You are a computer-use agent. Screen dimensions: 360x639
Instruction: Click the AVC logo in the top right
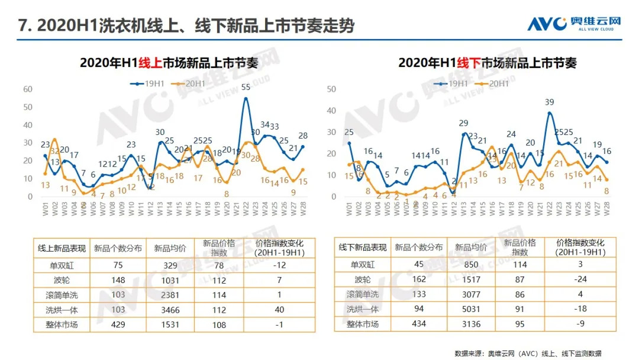(574, 23)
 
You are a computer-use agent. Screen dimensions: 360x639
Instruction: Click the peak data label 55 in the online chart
(246, 87)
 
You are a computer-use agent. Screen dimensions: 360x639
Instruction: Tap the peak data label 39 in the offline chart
(550, 102)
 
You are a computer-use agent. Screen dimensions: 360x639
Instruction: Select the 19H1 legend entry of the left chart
(147, 83)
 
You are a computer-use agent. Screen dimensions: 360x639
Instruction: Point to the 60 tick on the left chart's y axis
(28, 89)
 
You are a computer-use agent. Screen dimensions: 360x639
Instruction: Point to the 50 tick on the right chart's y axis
(331, 89)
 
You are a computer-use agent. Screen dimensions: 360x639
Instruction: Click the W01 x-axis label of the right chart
(348, 208)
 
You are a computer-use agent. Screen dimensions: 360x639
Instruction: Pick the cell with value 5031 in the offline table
(472, 308)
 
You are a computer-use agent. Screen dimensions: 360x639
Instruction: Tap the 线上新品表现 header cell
(62, 248)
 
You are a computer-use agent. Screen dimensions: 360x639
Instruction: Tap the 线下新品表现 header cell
(363, 247)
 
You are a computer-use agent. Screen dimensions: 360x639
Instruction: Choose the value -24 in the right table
(580, 278)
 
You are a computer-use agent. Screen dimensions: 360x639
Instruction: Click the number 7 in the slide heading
(23, 26)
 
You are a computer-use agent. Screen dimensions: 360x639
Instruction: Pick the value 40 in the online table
(279, 309)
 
